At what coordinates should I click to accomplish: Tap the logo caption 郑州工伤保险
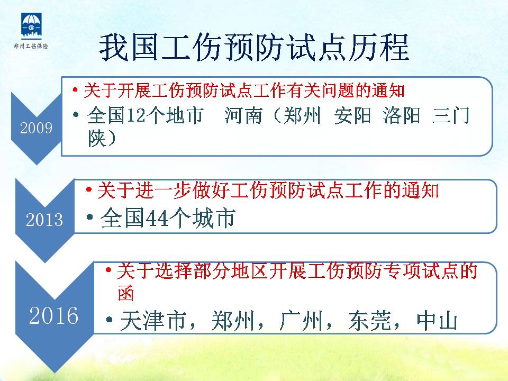[x=31, y=46]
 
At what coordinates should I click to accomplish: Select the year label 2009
[x=37, y=128]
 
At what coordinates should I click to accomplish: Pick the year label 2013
[x=44, y=220]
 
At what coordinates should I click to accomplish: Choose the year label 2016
[x=54, y=315]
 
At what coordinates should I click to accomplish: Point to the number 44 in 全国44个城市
[x=157, y=218]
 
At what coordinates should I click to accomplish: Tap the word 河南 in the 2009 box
[x=243, y=115]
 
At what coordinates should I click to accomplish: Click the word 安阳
[x=353, y=115]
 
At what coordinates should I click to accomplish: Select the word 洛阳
[x=402, y=115]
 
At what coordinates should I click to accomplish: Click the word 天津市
[x=153, y=321]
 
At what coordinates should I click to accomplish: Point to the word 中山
[x=437, y=321]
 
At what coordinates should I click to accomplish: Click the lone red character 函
[x=126, y=293]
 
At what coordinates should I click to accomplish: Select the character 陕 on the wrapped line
[x=97, y=138]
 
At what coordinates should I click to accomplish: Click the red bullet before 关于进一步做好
[x=89, y=189]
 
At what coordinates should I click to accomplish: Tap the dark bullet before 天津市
[x=109, y=320]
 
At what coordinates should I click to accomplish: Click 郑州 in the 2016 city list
[x=233, y=321]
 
